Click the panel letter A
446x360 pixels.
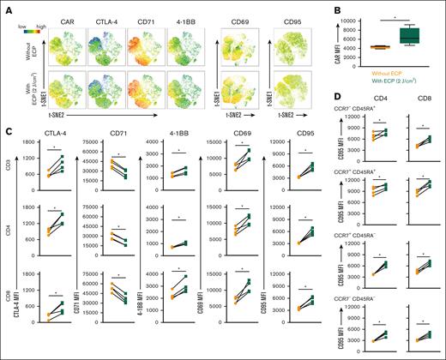pyautogui.click(x=6, y=6)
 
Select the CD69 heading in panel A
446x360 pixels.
pyautogui.click(x=240, y=15)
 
